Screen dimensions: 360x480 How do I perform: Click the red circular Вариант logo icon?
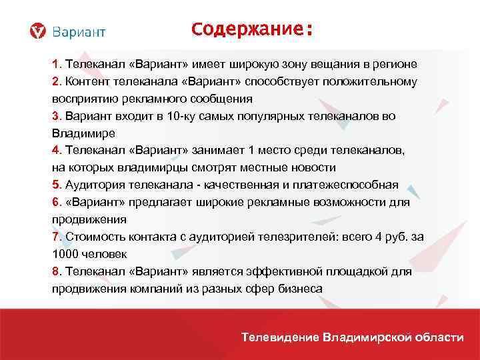click(x=39, y=31)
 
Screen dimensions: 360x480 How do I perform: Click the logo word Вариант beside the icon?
click(x=78, y=31)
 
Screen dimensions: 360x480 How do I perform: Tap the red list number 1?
click(x=56, y=64)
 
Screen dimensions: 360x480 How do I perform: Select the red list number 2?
click(x=56, y=81)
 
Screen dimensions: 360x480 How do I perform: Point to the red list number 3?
click(x=56, y=116)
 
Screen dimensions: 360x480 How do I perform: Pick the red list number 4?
click(x=56, y=151)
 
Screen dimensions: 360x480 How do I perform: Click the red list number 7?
click(x=56, y=237)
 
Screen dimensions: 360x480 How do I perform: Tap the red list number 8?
click(x=56, y=272)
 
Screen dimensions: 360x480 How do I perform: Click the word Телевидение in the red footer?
click(x=280, y=337)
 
